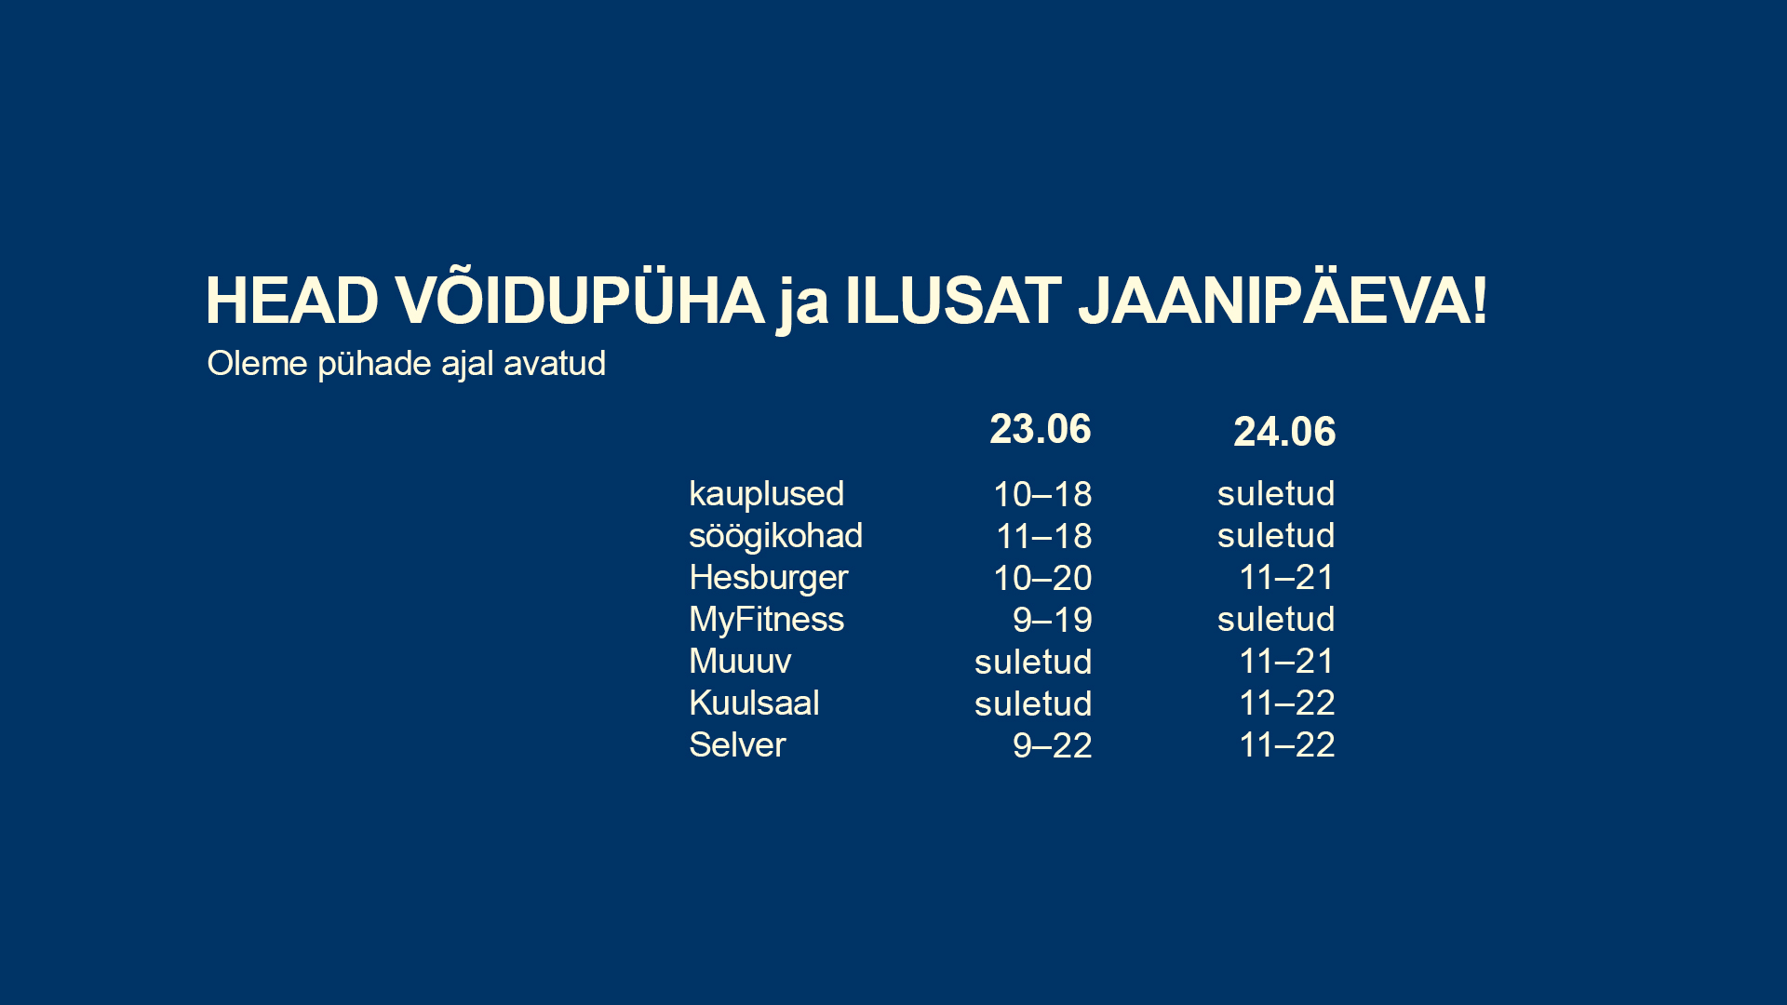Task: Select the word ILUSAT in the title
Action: click(952, 301)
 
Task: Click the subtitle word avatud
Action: click(555, 363)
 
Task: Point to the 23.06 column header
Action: click(1040, 429)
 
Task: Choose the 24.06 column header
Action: click(1284, 432)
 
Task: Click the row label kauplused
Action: click(766, 494)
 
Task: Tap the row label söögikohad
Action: click(775, 536)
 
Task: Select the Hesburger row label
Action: click(768, 578)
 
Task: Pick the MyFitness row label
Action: click(766, 620)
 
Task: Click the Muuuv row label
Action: click(740, 662)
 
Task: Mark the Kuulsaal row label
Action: click(754, 703)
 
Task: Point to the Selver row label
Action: click(737, 745)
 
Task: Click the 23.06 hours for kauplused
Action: click(1042, 494)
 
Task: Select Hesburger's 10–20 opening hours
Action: click(1042, 578)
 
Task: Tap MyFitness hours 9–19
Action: click(1052, 620)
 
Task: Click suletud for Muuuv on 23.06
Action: click(1033, 662)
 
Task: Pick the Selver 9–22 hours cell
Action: click(1052, 745)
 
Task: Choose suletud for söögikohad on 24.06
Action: click(1276, 535)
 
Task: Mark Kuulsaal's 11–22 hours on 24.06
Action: click(1287, 703)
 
